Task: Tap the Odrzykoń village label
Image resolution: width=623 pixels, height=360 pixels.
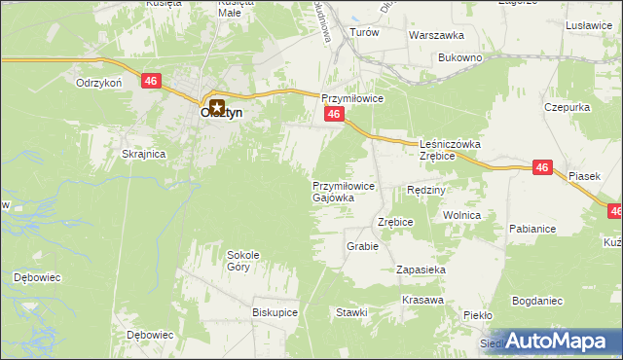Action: point(98,83)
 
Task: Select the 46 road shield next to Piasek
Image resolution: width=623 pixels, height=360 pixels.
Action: point(543,168)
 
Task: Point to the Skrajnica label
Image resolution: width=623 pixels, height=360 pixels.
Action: point(143,154)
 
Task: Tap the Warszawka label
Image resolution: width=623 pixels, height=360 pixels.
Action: point(435,34)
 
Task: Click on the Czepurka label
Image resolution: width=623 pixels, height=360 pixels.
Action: point(569,106)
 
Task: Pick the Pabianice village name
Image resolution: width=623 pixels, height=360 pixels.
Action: point(531,229)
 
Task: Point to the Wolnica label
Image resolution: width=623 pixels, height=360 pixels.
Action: point(461,214)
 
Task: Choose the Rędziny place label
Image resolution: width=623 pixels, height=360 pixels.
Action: point(425,190)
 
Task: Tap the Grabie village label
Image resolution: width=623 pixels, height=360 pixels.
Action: point(362,246)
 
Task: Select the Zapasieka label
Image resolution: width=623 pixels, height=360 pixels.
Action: point(421,270)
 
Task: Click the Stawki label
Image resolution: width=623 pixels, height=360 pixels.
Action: point(351,312)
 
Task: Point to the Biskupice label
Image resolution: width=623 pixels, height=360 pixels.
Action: point(275,313)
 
